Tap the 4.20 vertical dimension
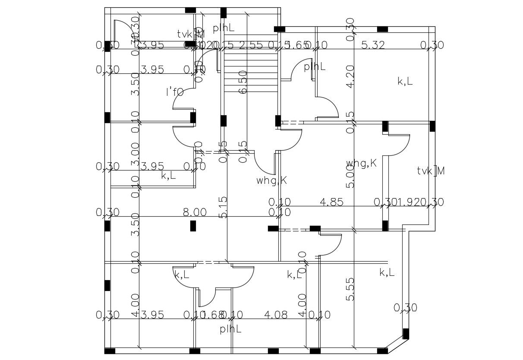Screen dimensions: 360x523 [350, 76]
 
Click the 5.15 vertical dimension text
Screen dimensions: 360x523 [223, 207]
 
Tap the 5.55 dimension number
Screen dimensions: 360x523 [350, 289]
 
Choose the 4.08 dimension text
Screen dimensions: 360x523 [275, 315]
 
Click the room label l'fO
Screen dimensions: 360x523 [175, 92]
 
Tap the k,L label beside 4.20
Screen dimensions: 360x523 [405, 81]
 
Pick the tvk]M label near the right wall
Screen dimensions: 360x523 [431, 171]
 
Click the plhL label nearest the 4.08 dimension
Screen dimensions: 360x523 [230, 329]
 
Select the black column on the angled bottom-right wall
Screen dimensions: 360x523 [406, 334]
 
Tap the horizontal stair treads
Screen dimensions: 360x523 [250, 69]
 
